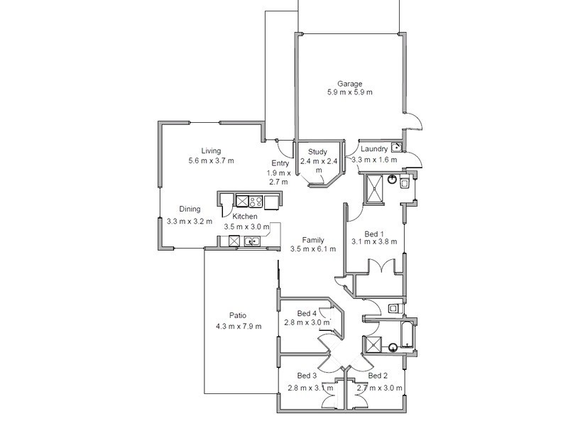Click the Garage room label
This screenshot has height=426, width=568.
tap(349, 84)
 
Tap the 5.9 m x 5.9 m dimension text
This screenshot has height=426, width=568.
tap(349, 92)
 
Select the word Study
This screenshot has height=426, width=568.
tap(317, 151)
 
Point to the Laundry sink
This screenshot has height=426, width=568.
tap(397, 148)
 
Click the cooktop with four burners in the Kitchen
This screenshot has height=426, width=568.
tap(256, 202)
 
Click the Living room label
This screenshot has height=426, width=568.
tap(211, 151)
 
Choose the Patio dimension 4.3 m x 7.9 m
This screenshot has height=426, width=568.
tap(238, 326)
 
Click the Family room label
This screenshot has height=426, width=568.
tap(313, 240)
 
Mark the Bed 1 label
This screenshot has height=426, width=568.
tap(373, 234)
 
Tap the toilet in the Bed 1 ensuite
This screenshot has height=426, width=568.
tap(403, 184)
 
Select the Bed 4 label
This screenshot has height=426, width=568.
tap(306, 313)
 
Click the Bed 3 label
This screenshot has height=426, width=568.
tap(306, 376)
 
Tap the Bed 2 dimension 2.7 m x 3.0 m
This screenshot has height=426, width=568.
tap(379, 388)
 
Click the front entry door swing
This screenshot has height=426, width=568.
tap(285, 148)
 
